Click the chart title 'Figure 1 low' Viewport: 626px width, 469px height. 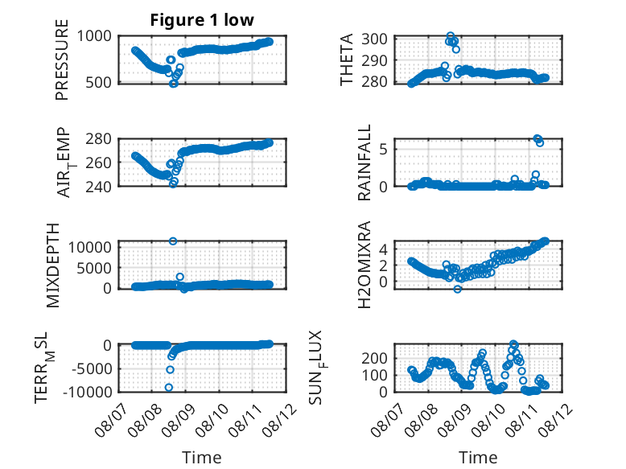[202, 20]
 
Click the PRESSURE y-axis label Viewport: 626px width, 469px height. [62, 60]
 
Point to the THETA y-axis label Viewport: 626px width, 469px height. [347, 60]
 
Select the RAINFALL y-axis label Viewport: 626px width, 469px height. [364, 163]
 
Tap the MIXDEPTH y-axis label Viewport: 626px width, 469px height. [52, 265]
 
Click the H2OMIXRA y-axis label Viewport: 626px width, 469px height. [364, 265]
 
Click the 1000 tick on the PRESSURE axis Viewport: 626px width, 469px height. [94, 36]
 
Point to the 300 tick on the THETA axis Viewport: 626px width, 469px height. [374, 39]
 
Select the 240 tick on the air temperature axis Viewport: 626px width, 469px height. [99, 186]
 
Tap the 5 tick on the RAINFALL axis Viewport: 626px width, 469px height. [383, 150]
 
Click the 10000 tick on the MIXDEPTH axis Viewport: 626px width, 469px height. [90, 248]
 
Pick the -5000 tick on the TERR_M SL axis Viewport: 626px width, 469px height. [93, 368]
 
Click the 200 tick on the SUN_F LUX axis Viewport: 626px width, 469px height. [374, 358]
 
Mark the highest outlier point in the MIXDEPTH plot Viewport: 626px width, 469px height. [173, 241]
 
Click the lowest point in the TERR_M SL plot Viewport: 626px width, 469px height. [169, 387]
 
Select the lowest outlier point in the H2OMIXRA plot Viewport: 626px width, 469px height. [458, 289]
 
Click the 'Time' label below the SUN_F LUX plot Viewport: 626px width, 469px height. [478, 458]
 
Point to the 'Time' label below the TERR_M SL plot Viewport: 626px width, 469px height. [202, 458]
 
